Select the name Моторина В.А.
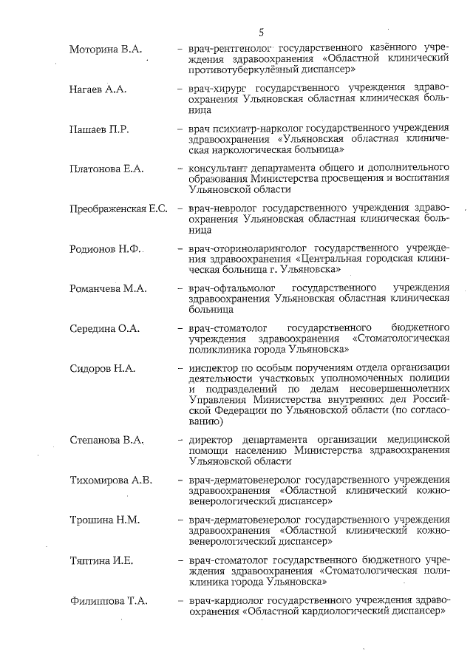click(105, 50)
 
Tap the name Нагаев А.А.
click(98, 89)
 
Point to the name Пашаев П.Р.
click(99, 129)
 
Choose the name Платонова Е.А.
click(106, 169)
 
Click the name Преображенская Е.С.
click(118, 209)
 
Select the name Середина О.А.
click(104, 329)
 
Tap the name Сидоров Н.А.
click(101, 369)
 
